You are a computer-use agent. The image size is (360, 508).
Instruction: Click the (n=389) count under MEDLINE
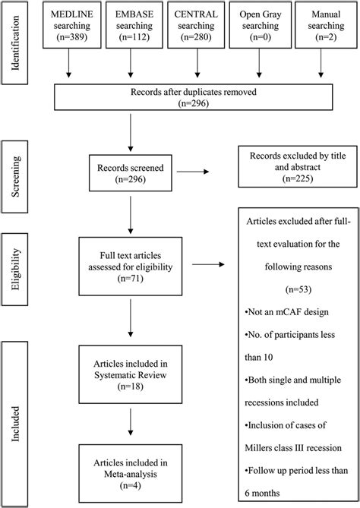point(69,36)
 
